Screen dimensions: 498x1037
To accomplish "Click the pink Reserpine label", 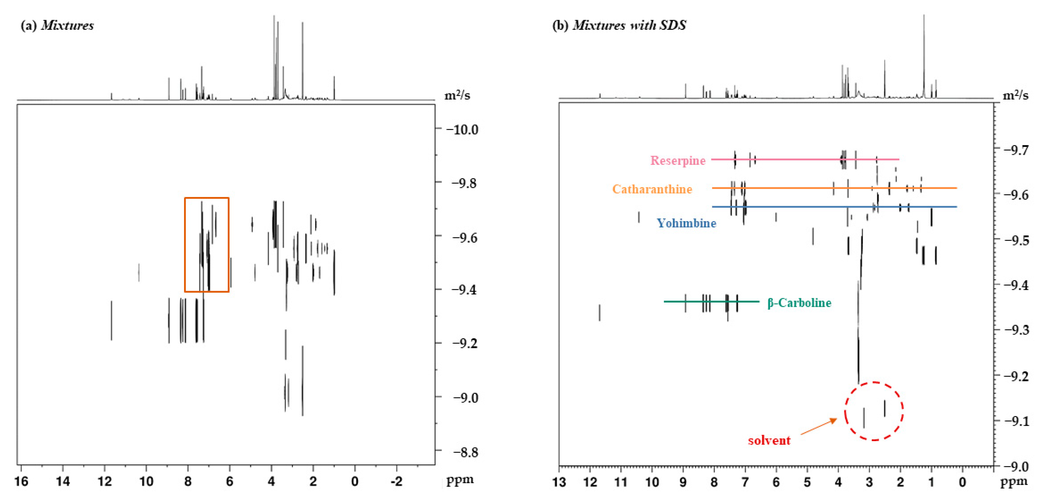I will pyautogui.click(x=677, y=160).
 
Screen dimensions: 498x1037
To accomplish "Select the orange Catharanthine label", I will pyautogui.click(x=652, y=189).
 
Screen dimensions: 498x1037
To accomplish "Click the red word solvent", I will pyautogui.click(x=769, y=440).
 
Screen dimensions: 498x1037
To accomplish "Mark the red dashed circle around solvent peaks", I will pyautogui.click(x=874, y=382).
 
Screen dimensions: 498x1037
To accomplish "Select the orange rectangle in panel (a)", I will pyautogui.click(x=185, y=245).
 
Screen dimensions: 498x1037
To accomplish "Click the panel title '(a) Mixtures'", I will pyautogui.click(x=57, y=25).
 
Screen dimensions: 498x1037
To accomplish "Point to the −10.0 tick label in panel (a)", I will pyautogui.click(x=462, y=130).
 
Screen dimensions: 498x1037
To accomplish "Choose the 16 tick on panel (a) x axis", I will pyautogui.click(x=21, y=481).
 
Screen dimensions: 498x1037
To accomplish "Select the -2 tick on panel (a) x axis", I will pyautogui.click(x=396, y=481).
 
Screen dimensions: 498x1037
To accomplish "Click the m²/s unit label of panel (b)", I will pyautogui.click(x=1015, y=96).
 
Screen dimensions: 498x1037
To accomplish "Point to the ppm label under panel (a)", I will pyautogui.click(x=460, y=480).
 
